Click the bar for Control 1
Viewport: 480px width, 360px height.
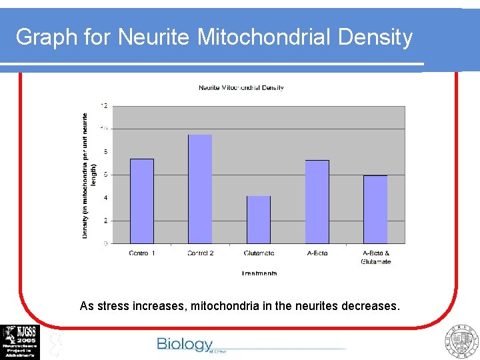(142, 201)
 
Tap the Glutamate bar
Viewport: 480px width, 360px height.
(259, 219)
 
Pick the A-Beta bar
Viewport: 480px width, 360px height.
(317, 201)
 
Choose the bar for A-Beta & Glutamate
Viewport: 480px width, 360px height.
(375, 209)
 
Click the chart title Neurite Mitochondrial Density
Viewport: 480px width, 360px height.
(241, 87)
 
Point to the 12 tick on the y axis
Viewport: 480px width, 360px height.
(104, 105)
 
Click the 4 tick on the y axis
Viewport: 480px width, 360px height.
(105, 197)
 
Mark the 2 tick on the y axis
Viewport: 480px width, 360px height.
(105, 221)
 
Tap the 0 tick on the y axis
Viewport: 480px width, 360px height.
(105, 244)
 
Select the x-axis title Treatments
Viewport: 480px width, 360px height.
(259, 273)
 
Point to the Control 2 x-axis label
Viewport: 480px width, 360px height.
(200, 253)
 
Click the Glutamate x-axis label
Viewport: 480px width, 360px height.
(259, 253)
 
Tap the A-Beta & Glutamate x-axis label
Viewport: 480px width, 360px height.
(376, 257)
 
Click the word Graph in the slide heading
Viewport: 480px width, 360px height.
(46, 37)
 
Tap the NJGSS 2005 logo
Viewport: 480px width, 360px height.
(20, 341)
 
